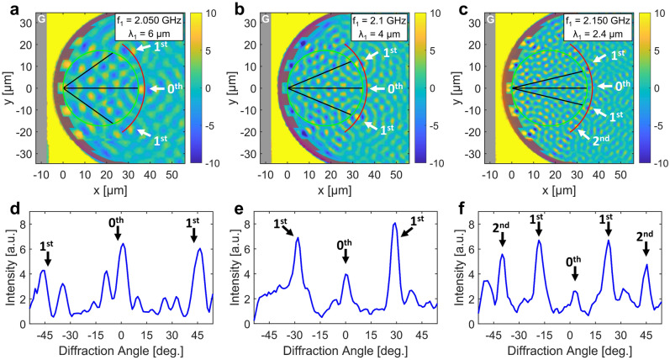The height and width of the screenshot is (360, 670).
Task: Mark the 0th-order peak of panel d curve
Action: click(123, 245)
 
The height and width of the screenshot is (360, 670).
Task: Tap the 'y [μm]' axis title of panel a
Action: click(8, 88)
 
